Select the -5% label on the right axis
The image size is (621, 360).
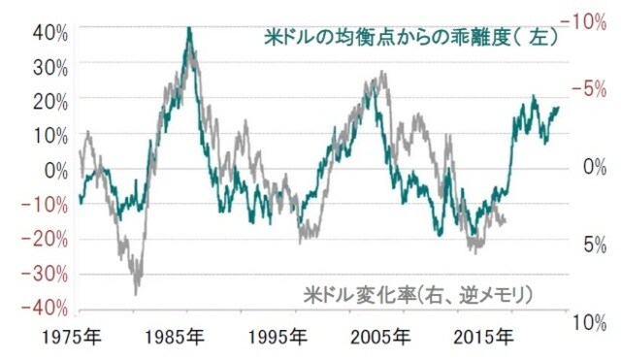point(591,90)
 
